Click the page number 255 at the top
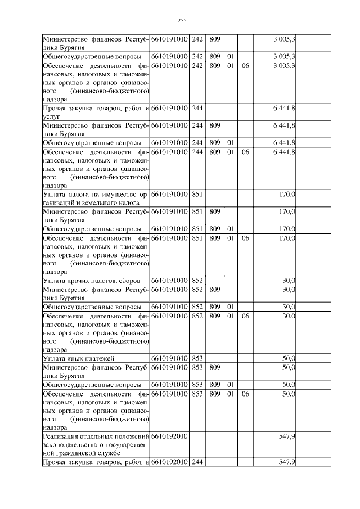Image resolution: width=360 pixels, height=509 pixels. (x=182, y=20)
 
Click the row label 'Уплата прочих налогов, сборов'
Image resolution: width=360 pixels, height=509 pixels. (x=96, y=280)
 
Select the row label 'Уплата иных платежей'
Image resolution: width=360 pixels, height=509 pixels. (x=79, y=358)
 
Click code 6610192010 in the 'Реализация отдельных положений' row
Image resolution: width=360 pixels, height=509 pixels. (x=169, y=436)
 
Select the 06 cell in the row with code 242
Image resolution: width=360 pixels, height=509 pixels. (x=245, y=65)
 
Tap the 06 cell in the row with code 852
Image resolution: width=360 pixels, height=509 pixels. (x=245, y=316)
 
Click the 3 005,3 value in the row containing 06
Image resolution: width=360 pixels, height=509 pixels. (x=285, y=65)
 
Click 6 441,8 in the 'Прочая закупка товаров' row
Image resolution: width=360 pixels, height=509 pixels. (x=285, y=107)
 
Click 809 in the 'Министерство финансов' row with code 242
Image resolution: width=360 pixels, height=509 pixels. (x=214, y=39)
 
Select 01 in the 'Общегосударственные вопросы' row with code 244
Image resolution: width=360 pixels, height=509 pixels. (x=230, y=143)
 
